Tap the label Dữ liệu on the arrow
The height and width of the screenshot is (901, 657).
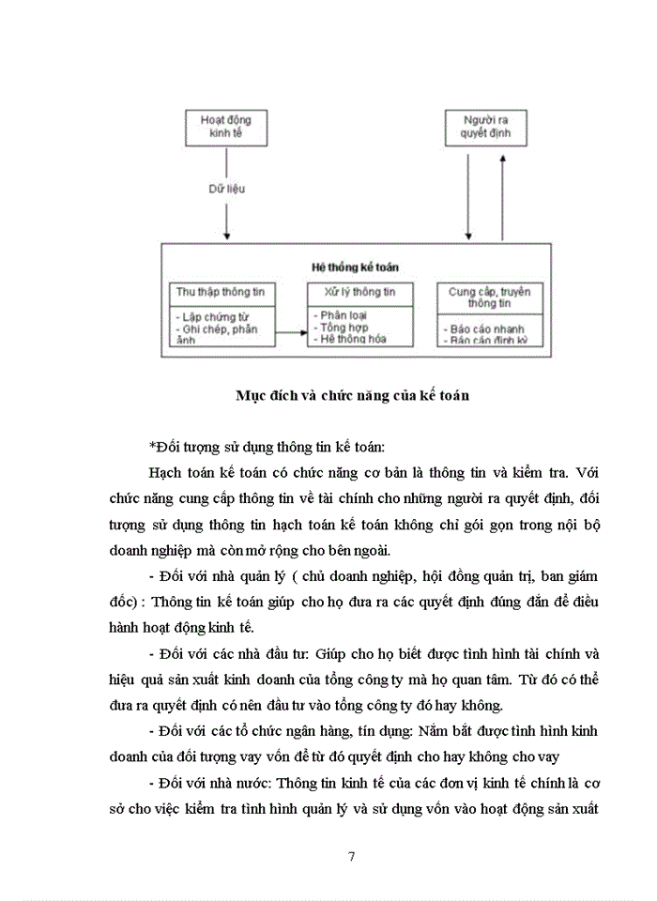(226, 190)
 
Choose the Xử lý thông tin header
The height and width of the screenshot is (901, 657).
(360, 292)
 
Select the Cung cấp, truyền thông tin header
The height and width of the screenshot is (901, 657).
(489, 298)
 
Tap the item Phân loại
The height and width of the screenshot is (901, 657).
(345, 315)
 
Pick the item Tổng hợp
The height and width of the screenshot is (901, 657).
(345, 328)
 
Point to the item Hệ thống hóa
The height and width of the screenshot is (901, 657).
(356, 339)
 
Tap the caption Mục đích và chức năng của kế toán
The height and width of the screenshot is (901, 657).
(352, 395)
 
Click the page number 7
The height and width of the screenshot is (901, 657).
(350, 856)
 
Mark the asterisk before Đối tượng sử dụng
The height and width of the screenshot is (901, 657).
(151, 446)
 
